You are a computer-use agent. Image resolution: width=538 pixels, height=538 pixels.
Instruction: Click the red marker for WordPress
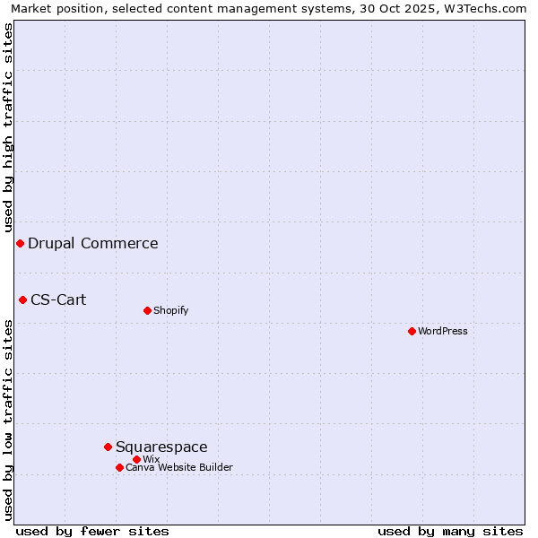412,331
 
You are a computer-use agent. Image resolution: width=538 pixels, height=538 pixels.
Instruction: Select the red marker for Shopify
147,310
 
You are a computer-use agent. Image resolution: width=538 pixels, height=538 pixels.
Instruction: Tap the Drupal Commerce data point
20,243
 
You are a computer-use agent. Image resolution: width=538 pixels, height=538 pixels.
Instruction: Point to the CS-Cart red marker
22,299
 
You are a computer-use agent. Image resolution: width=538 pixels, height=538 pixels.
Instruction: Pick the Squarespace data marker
108,447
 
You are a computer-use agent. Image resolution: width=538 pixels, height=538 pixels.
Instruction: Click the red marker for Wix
136,459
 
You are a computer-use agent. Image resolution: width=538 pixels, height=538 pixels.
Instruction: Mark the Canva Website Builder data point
119,467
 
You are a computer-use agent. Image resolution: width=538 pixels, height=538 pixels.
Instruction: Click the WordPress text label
443,331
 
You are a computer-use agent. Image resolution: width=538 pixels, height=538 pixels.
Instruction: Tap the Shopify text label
170,310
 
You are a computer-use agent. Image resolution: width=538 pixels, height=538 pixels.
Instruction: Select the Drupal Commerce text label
93,243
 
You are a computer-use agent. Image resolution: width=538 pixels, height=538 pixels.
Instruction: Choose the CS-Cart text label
58,299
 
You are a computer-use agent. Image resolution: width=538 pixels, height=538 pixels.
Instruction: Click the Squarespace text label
161,447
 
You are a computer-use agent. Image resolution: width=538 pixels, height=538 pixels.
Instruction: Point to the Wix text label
151,459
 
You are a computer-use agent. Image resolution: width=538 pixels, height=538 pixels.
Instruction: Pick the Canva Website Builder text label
179,467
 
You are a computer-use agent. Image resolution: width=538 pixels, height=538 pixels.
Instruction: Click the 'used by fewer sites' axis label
92,531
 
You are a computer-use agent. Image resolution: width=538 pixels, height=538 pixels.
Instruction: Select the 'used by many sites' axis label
450,531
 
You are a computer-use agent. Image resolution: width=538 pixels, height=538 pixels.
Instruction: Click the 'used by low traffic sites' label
8,420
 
